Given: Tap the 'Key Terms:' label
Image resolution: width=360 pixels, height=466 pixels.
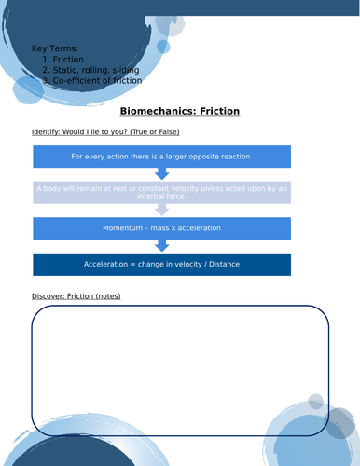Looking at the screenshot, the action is pyautogui.click(x=55, y=48).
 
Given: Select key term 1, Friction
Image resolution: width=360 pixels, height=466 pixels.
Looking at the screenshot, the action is pyautogui.click(x=68, y=59).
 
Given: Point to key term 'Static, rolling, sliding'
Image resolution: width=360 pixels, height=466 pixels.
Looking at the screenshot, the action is pyautogui.click(x=96, y=70).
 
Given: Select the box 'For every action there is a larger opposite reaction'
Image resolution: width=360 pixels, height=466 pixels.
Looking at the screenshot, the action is pyautogui.click(x=161, y=157).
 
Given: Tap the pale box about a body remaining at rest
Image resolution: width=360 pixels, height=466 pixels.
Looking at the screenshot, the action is pyautogui.click(x=161, y=192).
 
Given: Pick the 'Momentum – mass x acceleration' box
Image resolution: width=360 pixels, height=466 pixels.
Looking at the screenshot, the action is pyautogui.click(x=161, y=228).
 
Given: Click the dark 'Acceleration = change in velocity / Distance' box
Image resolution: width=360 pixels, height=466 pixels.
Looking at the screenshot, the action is pyautogui.click(x=161, y=264).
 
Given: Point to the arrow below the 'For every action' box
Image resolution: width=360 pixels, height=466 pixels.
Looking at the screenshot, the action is pyautogui.click(x=161, y=174).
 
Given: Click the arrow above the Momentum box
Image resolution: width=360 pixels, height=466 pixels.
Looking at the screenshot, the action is pyautogui.click(x=161, y=211).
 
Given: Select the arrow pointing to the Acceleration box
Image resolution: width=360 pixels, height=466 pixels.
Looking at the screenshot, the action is pyautogui.click(x=161, y=246).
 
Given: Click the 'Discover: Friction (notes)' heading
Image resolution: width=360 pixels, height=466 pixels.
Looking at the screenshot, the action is pyautogui.click(x=76, y=296).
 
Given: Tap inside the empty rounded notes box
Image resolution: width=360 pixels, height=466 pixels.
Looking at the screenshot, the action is pyautogui.click(x=180, y=370).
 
